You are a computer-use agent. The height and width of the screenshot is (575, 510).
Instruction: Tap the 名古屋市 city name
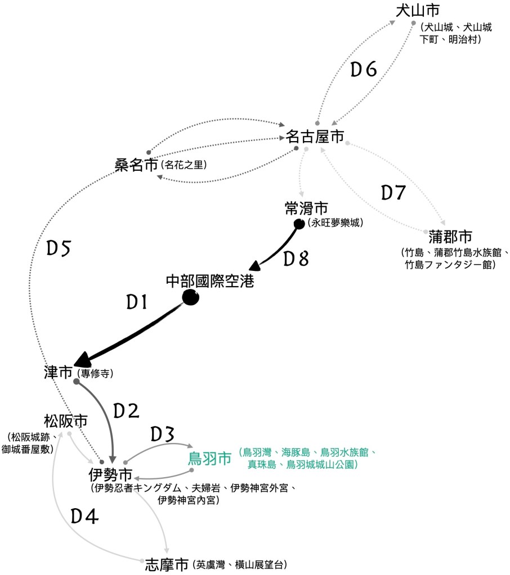(315, 137)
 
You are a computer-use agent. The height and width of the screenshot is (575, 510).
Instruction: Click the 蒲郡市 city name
(450, 236)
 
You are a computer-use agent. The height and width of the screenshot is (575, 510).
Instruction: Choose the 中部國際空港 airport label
(210, 280)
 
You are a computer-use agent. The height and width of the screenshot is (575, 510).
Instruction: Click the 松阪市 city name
(66, 420)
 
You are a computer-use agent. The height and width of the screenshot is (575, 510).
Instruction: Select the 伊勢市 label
(110, 474)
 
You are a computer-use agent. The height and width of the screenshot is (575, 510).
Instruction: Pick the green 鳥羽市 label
(209, 458)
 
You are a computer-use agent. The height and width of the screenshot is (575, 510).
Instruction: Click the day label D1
(136, 303)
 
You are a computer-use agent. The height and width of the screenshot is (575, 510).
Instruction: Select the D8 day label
(296, 259)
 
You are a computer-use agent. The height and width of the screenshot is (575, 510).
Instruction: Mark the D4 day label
(85, 516)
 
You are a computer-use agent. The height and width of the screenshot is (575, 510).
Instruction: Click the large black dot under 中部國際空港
(190, 298)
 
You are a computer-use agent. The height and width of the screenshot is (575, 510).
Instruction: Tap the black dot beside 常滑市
(299, 224)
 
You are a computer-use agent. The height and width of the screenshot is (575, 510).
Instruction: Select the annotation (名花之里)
(184, 165)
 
